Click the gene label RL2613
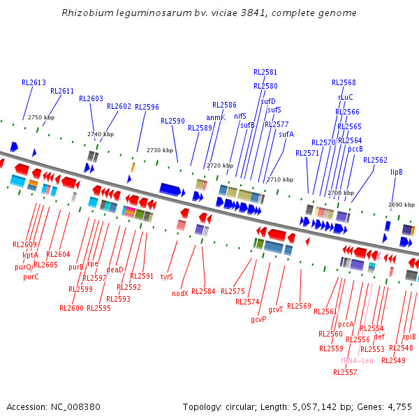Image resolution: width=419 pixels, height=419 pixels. [34, 82]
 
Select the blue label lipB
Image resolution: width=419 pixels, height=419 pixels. [397, 172]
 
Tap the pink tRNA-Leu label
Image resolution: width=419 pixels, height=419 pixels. [357, 360]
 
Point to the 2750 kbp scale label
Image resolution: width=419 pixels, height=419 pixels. [41, 117]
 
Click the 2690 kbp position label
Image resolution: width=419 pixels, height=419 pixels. [401, 205]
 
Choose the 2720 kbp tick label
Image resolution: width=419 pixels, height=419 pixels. [219, 166]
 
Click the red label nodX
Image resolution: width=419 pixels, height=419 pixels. [180, 293]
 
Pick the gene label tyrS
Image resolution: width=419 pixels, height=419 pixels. [167, 277]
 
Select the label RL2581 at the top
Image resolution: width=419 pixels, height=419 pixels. [265, 72]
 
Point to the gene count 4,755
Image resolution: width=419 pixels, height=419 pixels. [399, 406]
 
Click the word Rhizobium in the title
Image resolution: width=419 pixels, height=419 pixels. [86, 13]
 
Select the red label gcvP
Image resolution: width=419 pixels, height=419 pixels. [259, 319]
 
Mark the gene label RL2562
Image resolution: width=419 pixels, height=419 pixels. [375, 160]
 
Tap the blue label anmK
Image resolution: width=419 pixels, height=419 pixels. [216, 117]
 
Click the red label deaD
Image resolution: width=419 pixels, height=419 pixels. [115, 270]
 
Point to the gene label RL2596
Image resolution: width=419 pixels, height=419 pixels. [147, 107]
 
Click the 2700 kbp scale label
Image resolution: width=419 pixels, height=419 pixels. [341, 193]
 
